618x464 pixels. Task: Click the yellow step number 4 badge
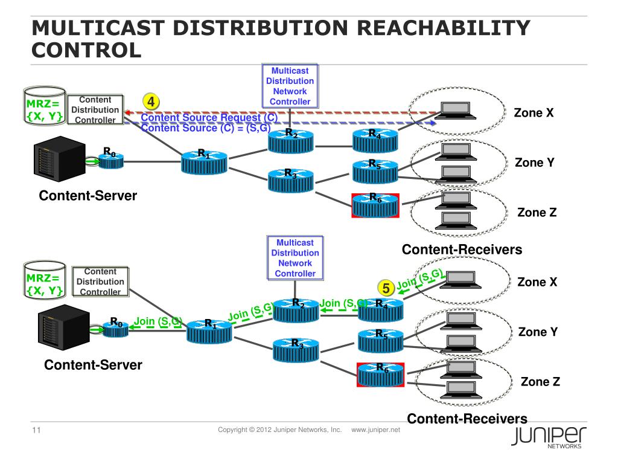click(x=151, y=101)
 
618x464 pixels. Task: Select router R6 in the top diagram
click(x=375, y=205)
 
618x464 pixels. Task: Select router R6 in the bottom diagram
click(x=381, y=374)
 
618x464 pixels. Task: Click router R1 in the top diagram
click(x=204, y=161)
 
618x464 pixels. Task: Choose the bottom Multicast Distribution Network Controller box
click(x=295, y=257)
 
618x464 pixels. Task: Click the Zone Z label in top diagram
click(x=537, y=213)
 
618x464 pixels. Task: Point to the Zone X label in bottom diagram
click(x=537, y=282)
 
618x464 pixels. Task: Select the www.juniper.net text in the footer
click(x=375, y=430)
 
